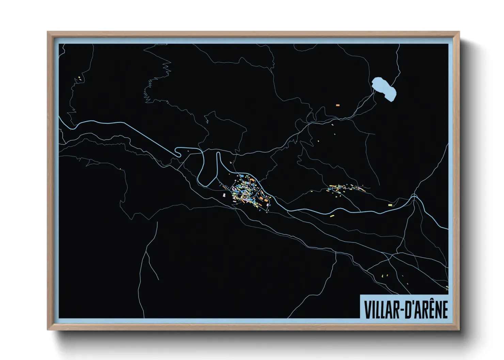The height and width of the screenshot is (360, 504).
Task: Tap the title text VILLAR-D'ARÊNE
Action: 406,309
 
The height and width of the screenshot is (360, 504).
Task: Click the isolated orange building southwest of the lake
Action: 337,105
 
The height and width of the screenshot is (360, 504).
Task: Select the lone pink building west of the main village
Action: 224,195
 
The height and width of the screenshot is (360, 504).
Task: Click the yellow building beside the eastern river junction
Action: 390,205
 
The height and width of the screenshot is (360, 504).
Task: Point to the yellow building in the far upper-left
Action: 80,78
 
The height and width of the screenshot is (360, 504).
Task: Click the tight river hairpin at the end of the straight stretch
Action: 177,152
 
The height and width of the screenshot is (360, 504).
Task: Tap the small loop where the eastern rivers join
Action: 414,197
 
